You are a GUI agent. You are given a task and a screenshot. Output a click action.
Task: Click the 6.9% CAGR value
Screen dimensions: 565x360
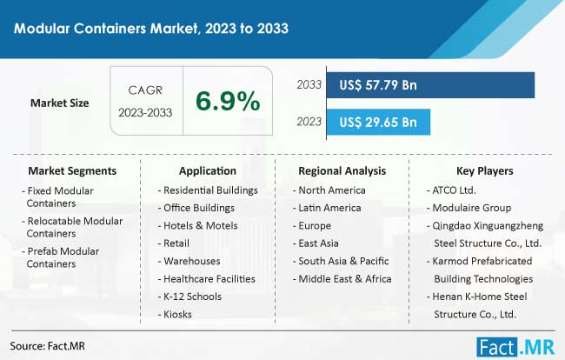coord(228,101)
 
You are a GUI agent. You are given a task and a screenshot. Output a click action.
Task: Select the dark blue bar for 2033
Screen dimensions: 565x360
coord(430,85)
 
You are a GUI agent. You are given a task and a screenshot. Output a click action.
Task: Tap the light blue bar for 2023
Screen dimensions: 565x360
coord(378,122)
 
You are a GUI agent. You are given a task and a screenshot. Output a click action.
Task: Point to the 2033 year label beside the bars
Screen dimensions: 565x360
coord(309,84)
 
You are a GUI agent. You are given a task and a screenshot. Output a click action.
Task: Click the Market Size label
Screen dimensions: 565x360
coord(59,103)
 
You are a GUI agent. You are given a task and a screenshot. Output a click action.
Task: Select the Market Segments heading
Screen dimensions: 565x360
coord(72,170)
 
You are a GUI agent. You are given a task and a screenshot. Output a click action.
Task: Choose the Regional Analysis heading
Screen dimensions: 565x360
coord(342,170)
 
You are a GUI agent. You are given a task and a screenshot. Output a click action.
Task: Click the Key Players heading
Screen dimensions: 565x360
coord(485,170)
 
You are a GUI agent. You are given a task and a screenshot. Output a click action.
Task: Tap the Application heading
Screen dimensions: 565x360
coord(208,170)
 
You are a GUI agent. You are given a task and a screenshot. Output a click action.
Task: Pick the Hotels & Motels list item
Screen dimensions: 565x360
coord(198,225)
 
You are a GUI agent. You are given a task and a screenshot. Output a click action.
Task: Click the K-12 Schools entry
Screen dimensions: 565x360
coord(189,297)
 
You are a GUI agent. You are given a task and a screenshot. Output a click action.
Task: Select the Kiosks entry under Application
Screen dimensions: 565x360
coord(175,314)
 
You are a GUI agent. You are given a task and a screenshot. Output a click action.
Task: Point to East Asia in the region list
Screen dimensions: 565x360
coord(316,243)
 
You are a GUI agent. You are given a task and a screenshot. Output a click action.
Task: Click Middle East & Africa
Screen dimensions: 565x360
coord(342,279)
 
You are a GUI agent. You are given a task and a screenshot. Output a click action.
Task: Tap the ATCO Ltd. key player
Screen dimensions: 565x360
coord(451,190)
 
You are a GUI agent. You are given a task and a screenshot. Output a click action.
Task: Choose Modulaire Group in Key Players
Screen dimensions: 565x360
coord(469,208)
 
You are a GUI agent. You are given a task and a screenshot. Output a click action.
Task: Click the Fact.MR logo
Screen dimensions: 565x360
coord(515,348)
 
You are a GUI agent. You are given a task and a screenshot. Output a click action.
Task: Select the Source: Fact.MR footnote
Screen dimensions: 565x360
coord(48,346)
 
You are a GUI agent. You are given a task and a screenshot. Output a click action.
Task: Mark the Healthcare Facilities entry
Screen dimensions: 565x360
coord(207,279)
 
